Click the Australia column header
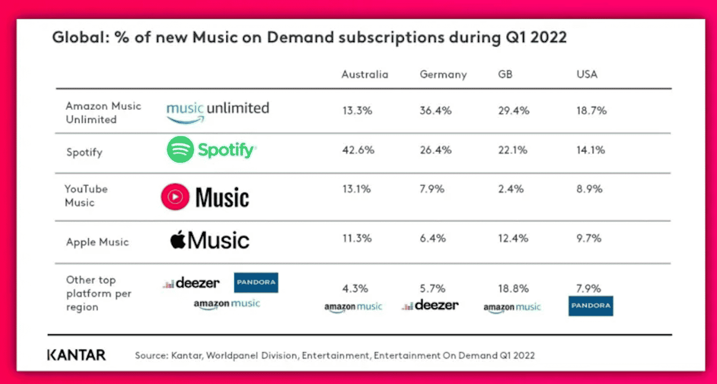click(364, 74)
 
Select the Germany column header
click(443, 74)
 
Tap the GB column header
click(505, 74)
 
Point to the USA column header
click(587, 74)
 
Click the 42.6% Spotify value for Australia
click(358, 150)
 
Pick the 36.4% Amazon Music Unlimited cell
click(436, 111)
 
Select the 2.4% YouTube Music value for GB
click(510, 189)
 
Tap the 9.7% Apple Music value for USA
click(588, 239)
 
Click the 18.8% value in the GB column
click(513, 289)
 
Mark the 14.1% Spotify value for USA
click(590, 150)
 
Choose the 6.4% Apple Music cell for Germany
click(433, 239)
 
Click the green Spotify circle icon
click(180, 149)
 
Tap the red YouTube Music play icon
click(175, 196)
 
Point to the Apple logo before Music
click(178, 240)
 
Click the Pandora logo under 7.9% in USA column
click(591, 306)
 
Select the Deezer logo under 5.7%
click(430, 306)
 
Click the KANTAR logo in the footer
click(76, 355)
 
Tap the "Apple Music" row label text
click(97, 242)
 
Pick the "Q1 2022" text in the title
click(536, 37)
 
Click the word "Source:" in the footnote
click(152, 356)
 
